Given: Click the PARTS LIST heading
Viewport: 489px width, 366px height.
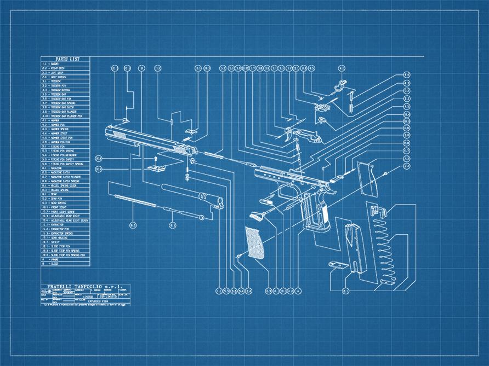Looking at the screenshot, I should coord(66,59).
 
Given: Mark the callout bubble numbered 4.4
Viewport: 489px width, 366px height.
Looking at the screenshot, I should coord(407,74).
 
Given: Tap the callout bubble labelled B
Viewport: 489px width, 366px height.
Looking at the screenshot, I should coord(141,68).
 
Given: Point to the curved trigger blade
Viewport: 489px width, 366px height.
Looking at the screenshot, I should coord(288,135).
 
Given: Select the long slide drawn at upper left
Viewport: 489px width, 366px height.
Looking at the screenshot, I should coord(148,140).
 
